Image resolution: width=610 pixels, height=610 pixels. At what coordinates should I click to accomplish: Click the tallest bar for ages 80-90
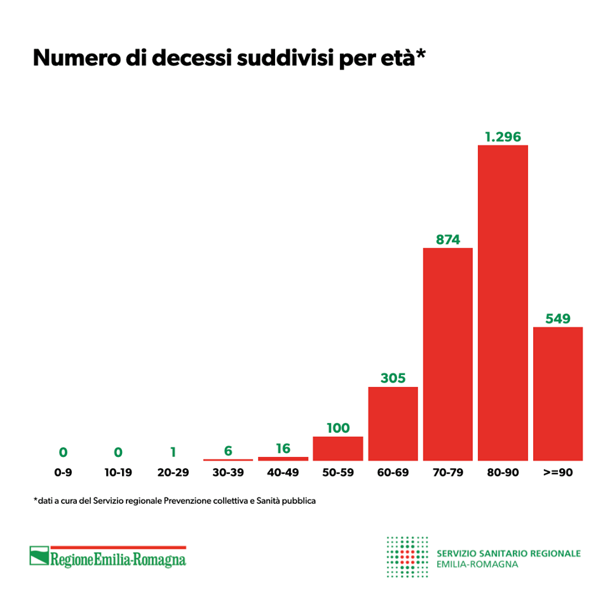pyautogui.click(x=503, y=302)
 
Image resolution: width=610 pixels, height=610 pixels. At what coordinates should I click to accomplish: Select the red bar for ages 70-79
pyautogui.click(x=448, y=354)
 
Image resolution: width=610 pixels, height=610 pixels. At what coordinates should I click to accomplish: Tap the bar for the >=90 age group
pyautogui.click(x=558, y=393)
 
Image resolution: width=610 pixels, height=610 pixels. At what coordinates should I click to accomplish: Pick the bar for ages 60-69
pyautogui.click(x=393, y=423)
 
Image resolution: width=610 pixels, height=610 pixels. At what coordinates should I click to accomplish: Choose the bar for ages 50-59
pyautogui.click(x=338, y=449)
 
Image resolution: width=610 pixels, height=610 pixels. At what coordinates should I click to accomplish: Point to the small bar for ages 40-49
pyautogui.click(x=283, y=458)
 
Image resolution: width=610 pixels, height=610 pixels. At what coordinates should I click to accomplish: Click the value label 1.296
pyautogui.click(x=503, y=137)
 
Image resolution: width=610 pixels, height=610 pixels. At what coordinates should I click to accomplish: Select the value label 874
pyautogui.click(x=448, y=240)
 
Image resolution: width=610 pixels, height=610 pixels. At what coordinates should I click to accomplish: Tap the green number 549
pyautogui.click(x=558, y=318)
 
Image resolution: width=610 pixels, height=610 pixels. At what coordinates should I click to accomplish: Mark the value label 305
pyautogui.click(x=393, y=378)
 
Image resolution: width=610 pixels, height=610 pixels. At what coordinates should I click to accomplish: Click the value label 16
pyautogui.click(x=283, y=449)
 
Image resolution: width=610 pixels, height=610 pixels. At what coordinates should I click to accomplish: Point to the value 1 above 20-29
pyautogui.click(x=173, y=452)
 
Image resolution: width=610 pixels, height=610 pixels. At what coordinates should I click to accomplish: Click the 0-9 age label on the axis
pyautogui.click(x=63, y=473)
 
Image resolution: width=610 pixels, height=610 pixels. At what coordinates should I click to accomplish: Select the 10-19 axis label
pyautogui.click(x=118, y=473)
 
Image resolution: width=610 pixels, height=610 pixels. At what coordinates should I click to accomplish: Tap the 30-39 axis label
pyautogui.click(x=228, y=473)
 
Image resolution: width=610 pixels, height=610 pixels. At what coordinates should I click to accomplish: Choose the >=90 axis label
pyautogui.click(x=558, y=473)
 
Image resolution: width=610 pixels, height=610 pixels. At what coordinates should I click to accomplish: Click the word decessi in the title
pyautogui.click(x=187, y=58)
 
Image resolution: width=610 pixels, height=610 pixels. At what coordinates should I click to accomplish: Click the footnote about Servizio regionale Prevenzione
pyautogui.click(x=175, y=501)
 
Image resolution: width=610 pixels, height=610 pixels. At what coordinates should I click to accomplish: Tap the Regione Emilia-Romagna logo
pyautogui.click(x=108, y=557)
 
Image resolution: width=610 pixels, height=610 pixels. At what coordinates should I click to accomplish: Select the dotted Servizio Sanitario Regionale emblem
pyautogui.click(x=407, y=557)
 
